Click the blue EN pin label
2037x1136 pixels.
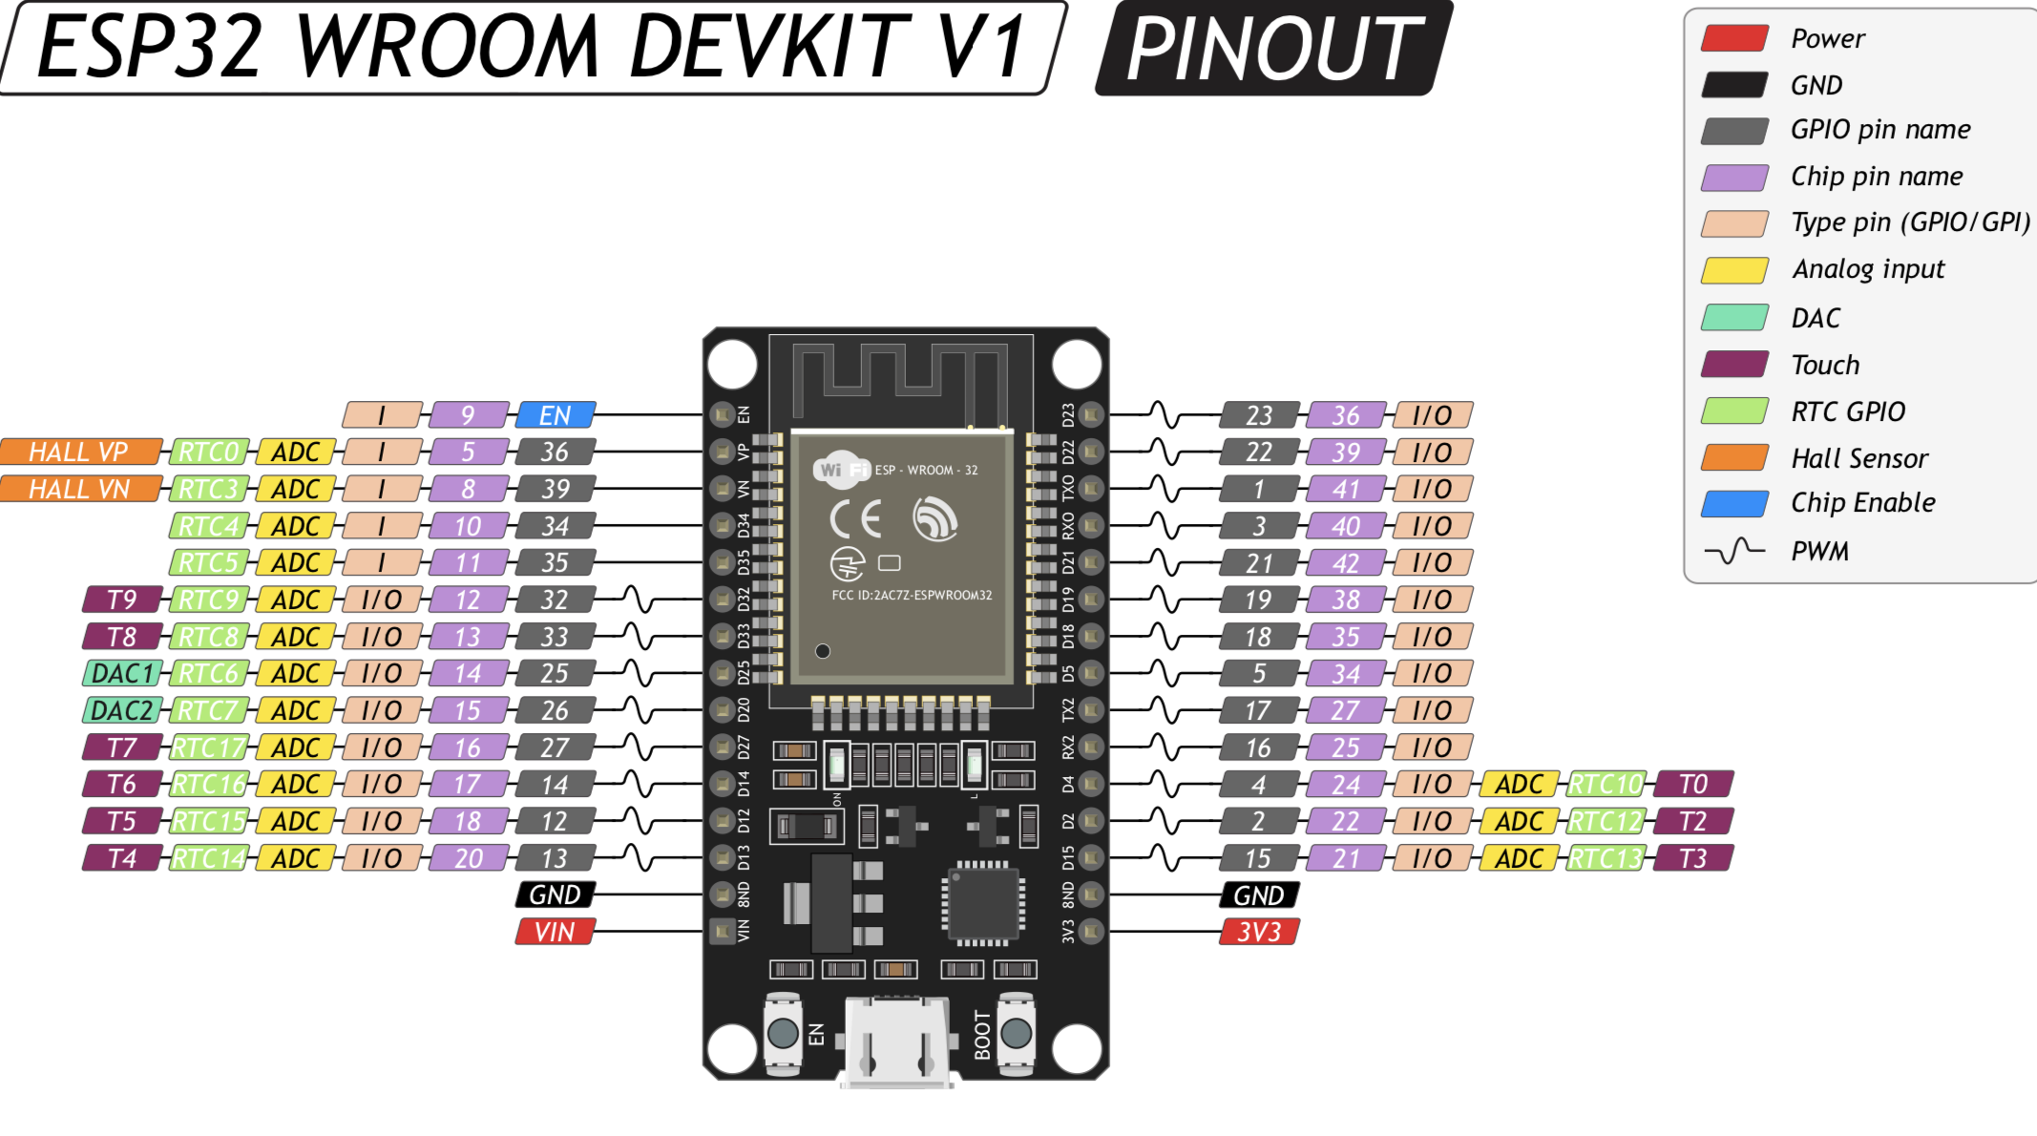(x=555, y=415)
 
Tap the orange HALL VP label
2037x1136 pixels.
(x=80, y=452)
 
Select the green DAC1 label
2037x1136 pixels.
(x=122, y=673)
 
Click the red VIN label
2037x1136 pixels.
(x=555, y=932)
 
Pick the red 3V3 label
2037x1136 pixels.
(x=1259, y=932)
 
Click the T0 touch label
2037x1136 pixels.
(x=1692, y=784)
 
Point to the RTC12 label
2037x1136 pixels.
(x=1606, y=821)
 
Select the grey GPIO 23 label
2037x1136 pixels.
(x=1259, y=415)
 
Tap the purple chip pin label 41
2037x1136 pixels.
(x=1346, y=489)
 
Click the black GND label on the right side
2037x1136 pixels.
(x=1259, y=895)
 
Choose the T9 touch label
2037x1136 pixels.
(x=122, y=600)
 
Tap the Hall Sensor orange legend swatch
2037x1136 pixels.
(x=1734, y=458)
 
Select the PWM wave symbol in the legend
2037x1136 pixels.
(x=1734, y=551)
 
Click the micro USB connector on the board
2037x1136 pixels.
(x=897, y=1041)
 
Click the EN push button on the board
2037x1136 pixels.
(x=783, y=1033)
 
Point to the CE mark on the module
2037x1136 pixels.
(x=855, y=519)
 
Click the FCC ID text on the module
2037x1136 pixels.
(x=912, y=596)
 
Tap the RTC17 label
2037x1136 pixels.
(x=209, y=747)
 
